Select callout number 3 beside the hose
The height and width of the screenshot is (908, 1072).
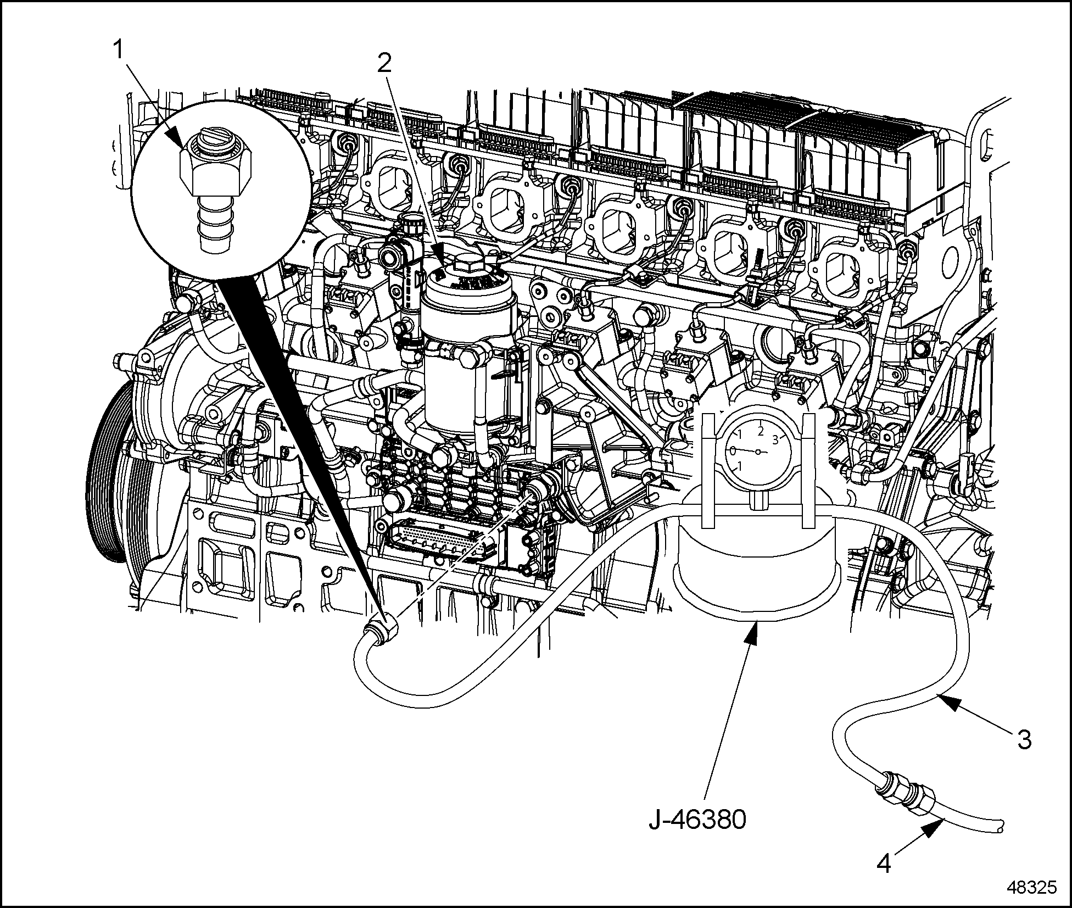pyautogui.click(x=1024, y=739)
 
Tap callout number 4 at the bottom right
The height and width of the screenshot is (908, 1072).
pyautogui.click(x=884, y=864)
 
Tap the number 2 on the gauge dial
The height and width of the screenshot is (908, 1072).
pyautogui.click(x=761, y=432)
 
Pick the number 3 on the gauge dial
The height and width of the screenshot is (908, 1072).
pyautogui.click(x=775, y=439)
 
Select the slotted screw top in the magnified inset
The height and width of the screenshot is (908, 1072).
pyautogui.click(x=217, y=144)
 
